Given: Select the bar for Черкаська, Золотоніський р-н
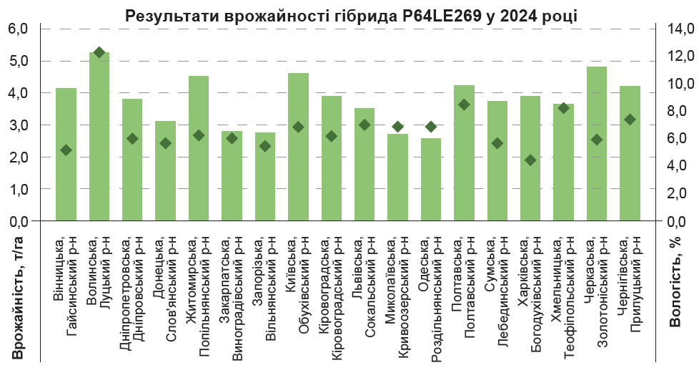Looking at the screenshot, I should point(597,179).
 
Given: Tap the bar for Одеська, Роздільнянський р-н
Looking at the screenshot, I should point(431,186).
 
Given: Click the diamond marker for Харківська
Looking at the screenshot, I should point(530,160).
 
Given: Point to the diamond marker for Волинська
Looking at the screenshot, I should point(99,52).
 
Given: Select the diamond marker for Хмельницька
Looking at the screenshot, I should point(563,108).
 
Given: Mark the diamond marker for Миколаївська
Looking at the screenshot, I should point(398,127).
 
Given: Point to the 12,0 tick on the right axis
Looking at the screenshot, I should point(677,56).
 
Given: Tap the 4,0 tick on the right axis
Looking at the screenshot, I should point(677,165).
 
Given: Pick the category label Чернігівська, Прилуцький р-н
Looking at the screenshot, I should point(630,280).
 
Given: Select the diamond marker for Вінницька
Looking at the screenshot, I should point(66,150).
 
